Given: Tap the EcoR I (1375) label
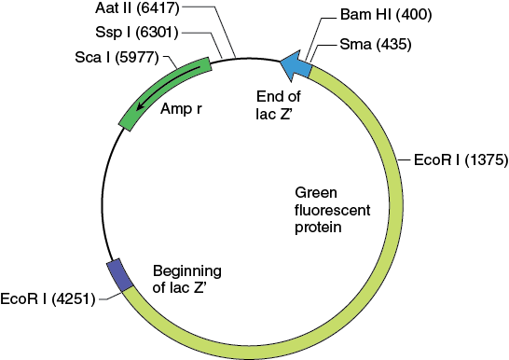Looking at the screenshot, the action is (x=462, y=159).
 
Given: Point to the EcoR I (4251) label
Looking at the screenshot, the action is (x=46, y=300).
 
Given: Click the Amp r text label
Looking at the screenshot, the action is (x=182, y=109).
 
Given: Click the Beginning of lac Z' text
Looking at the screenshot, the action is (x=186, y=279).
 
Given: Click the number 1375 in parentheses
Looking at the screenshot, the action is (x=487, y=159).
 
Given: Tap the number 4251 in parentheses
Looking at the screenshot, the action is (x=70, y=300).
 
